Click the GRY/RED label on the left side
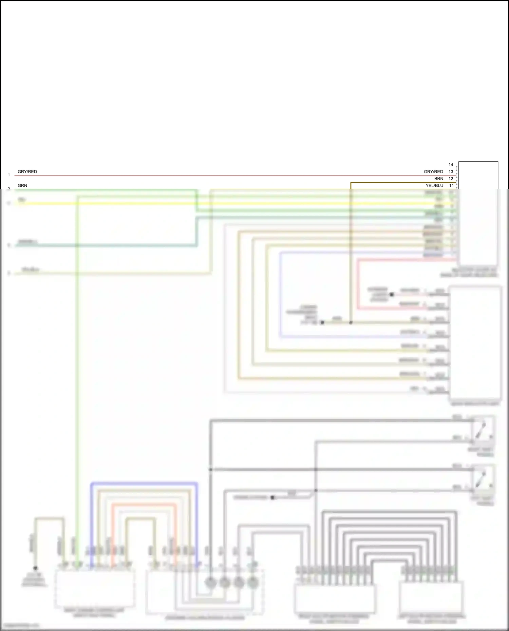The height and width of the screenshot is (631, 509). pos(27,172)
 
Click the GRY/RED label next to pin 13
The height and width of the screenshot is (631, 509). pos(433,172)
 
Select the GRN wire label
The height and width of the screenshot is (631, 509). pos(22,185)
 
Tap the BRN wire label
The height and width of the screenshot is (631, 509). pos(439,179)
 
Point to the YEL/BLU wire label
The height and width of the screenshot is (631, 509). pos(434,185)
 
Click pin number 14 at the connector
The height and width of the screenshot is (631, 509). pos(451,164)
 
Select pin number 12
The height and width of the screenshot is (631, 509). pos(451,179)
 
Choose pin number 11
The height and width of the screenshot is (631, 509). pos(451,185)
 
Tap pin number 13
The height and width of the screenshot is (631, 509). pos(451,172)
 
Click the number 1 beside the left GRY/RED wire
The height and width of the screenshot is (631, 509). pos(9,175)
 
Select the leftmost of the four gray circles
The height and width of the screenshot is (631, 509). pos(210,583)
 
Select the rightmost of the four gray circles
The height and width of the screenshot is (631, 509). pos(253,583)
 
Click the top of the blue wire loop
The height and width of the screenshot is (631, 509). pos(144,483)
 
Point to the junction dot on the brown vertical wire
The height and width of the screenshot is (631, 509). pos(351,322)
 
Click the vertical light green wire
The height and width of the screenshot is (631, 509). pos(77,373)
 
